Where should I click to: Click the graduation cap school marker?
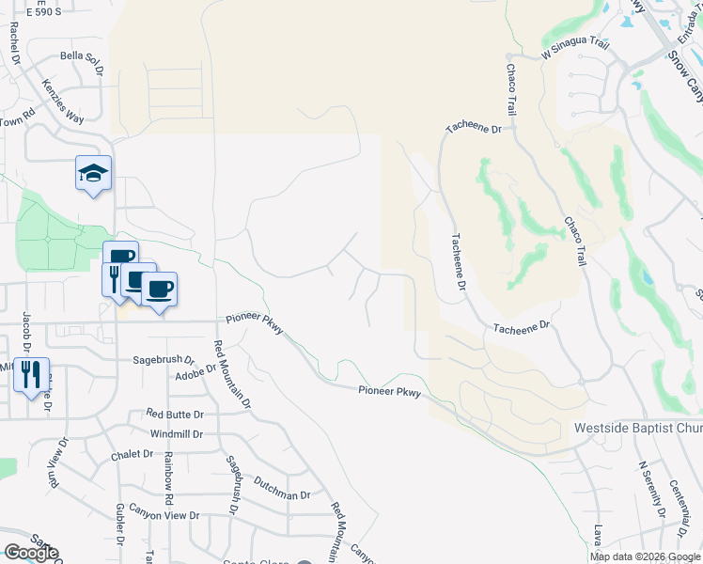[93, 173]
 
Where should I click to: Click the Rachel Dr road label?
[15, 41]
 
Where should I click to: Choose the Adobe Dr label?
[196, 375]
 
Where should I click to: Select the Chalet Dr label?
[132, 454]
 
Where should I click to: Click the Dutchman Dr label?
[280, 494]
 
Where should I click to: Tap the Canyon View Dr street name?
[164, 515]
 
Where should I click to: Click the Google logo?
[30, 553]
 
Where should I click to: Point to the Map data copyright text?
[645, 556]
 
